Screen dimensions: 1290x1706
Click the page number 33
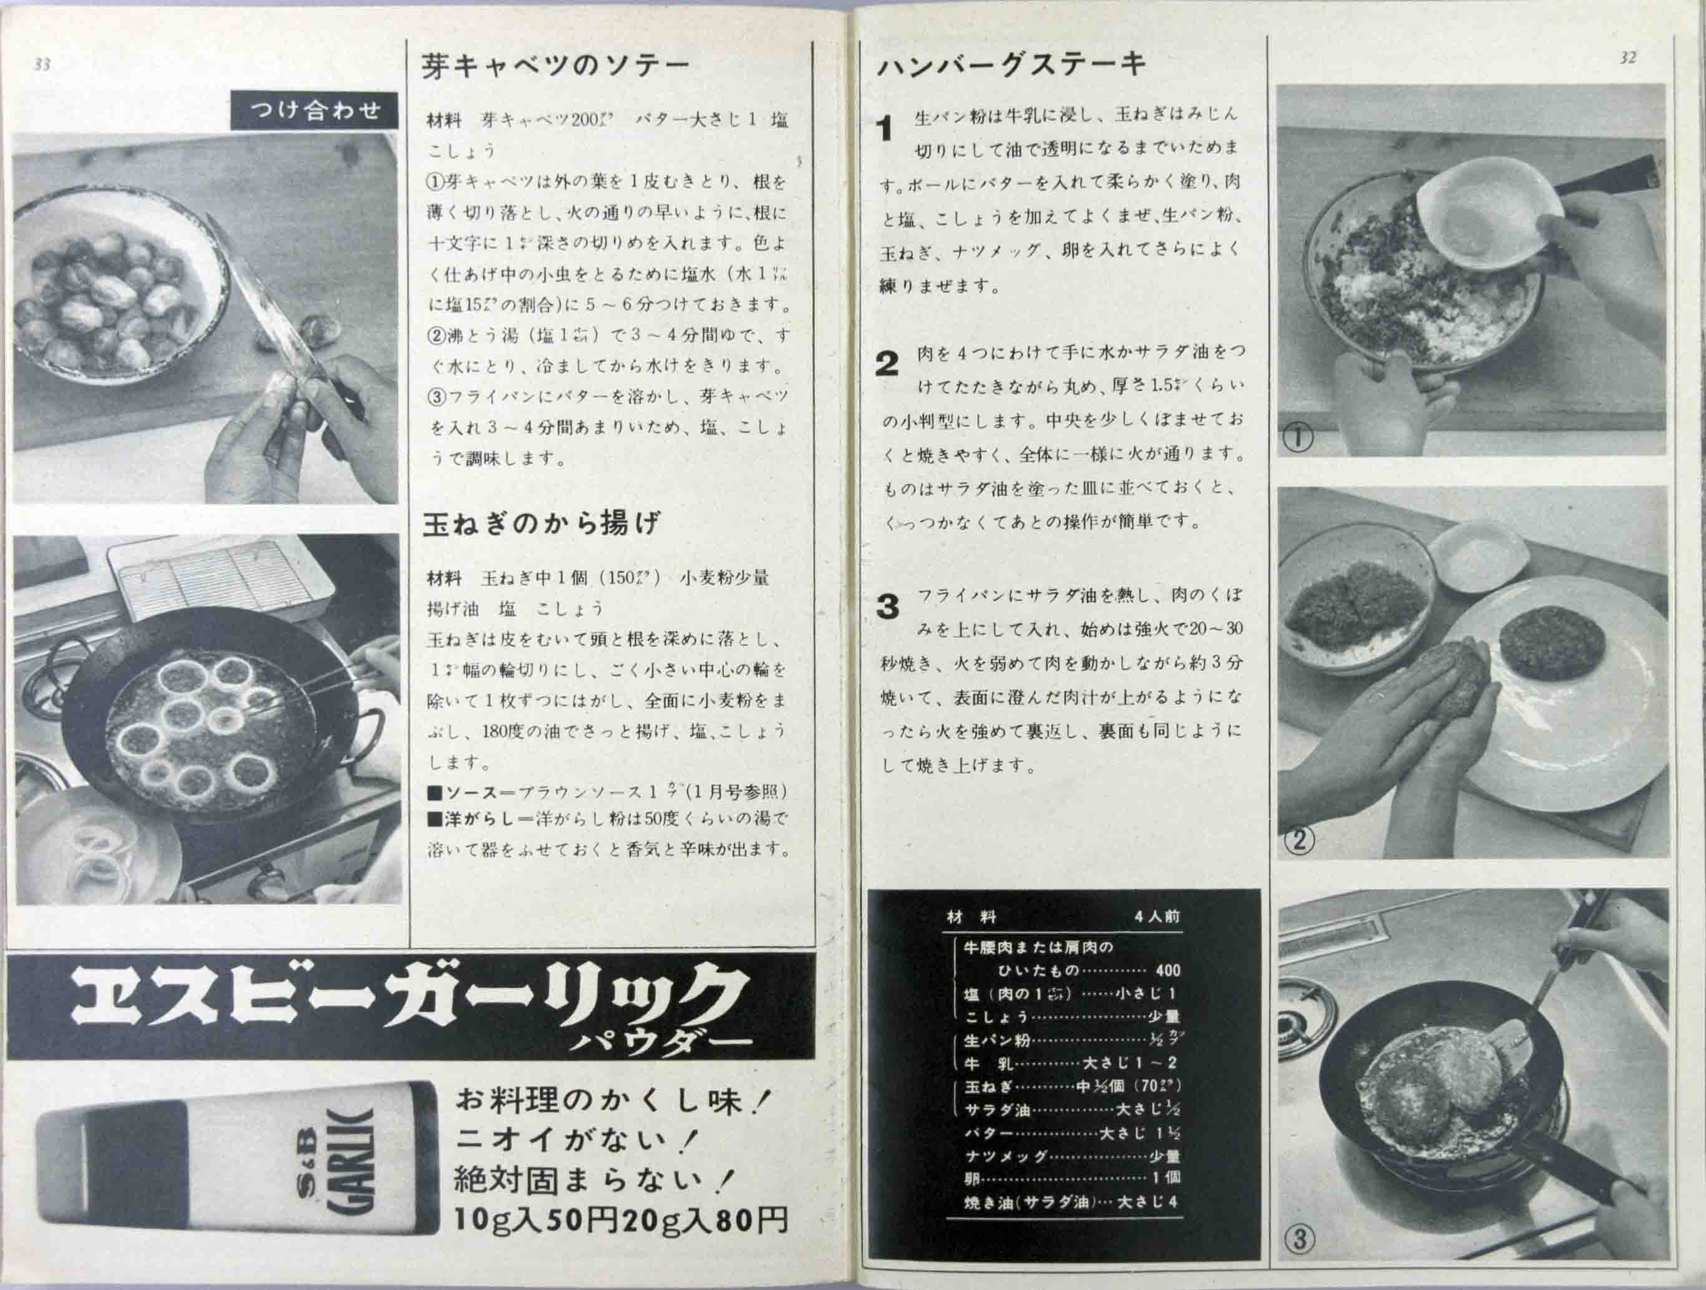click(42, 65)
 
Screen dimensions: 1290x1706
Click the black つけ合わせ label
click(314, 111)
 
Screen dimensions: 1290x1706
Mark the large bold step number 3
click(888, 608)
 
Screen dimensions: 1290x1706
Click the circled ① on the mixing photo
click(1298, 437)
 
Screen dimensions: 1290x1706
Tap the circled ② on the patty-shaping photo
click(1299, 839)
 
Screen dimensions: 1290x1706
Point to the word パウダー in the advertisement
click(660, 1042)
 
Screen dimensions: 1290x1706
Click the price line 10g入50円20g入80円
click(621, 1220)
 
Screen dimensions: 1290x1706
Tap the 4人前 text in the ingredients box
click(1157, 917)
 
